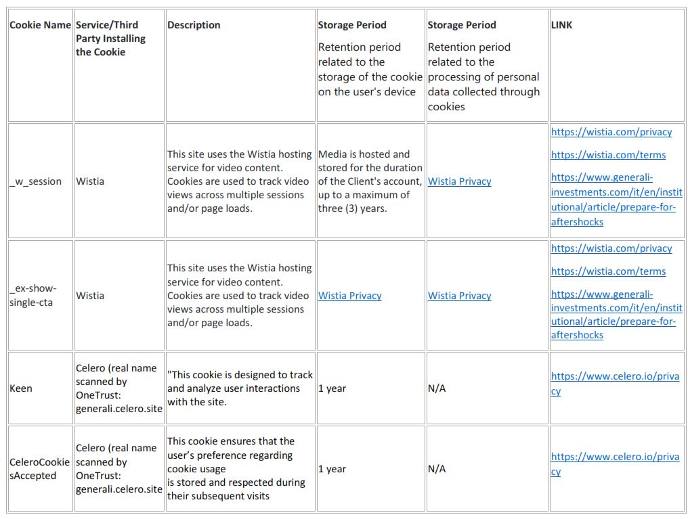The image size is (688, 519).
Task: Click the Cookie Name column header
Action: point(40,25)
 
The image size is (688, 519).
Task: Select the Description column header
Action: point(194,25)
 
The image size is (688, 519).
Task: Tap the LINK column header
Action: point(561,25)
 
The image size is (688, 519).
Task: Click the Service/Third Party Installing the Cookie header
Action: point(110,39)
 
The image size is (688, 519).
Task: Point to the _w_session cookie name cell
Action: point(35,181)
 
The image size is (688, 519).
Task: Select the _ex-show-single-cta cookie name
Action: point(33,296)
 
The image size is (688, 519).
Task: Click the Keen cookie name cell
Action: point(21,388)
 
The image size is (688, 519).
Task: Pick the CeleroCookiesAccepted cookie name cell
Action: point(39,469)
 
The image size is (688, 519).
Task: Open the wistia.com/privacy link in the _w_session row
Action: point(611,132)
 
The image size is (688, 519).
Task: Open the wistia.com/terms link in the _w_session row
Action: point(608,155)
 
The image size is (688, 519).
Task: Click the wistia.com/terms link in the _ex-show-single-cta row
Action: point(608,271)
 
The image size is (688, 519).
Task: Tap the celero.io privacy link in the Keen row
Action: point(614,383)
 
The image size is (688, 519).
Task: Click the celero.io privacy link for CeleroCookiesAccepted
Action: point(614,464)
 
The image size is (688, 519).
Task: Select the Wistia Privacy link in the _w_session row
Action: point(459,181)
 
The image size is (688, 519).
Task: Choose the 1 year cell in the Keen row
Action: point(332,388)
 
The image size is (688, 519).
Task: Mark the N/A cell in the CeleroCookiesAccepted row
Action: point(437,469)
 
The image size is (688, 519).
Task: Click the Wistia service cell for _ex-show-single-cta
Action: point(90,296)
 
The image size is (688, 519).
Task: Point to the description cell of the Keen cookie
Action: point(240,388)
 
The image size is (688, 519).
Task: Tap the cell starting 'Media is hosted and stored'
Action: point(370,181)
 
